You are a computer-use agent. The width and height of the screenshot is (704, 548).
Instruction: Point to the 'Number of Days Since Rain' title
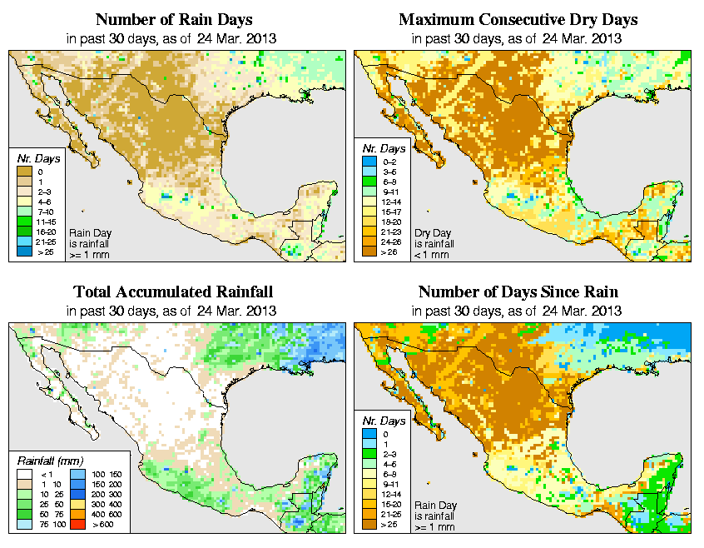(x=518, y=292)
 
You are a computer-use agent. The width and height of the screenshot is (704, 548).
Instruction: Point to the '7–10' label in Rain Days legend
(x=42, y=212)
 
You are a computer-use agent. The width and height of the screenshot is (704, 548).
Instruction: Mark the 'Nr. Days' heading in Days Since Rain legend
(x=387, y=421)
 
